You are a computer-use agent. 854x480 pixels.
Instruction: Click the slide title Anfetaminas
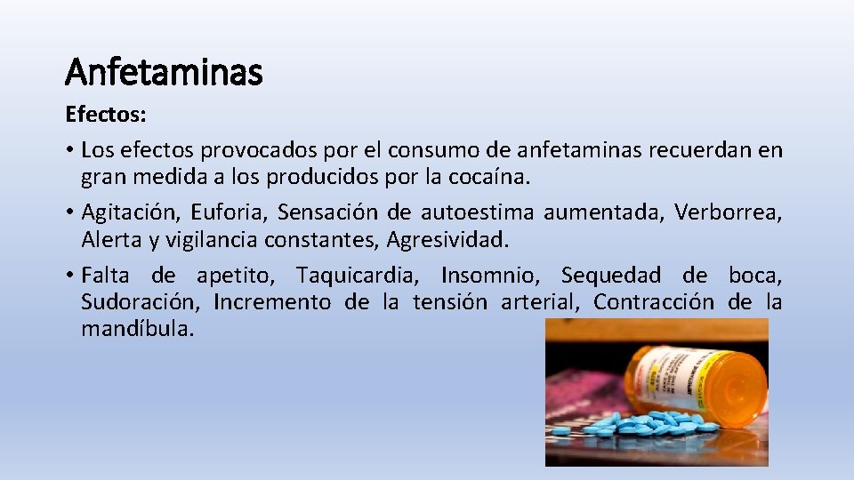164,71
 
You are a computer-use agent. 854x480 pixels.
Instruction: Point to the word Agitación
130,212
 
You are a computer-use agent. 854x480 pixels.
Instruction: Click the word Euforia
228,212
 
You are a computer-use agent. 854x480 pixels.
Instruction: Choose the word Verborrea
729,212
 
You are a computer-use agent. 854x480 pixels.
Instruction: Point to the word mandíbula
136,329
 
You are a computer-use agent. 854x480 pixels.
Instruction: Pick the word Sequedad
611,275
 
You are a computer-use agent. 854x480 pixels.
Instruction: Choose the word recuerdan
677,150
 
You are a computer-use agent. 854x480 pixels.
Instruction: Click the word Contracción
653,302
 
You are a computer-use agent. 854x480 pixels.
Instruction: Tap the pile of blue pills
645,424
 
